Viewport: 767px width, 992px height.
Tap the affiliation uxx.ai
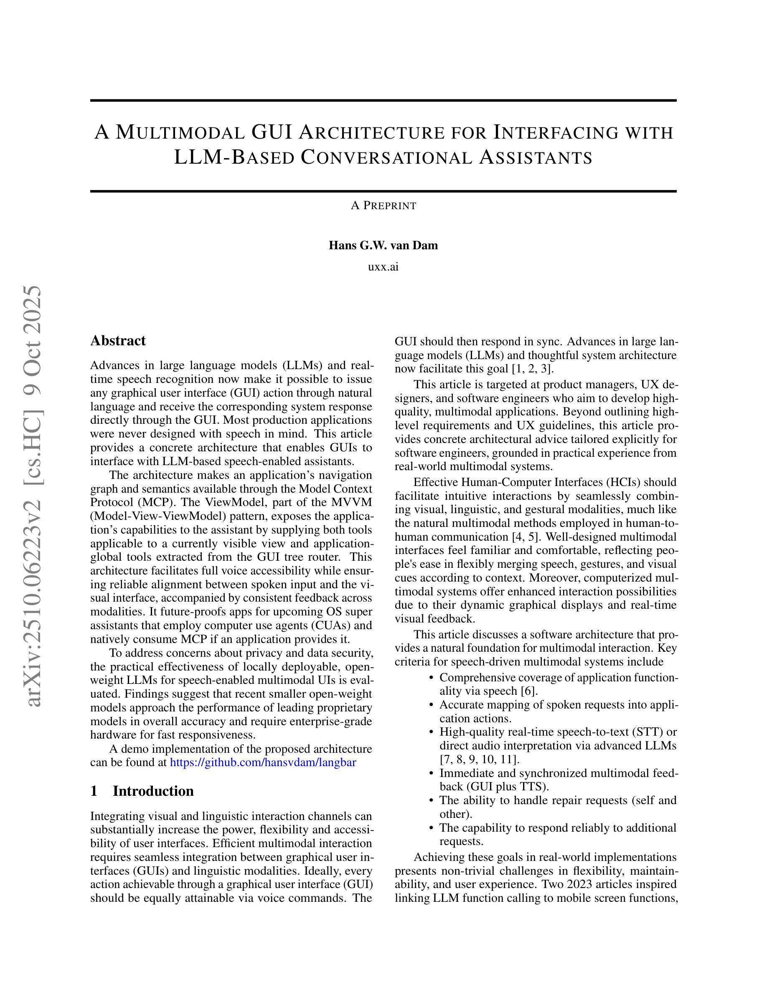pyautogui.click(x=383, y=267)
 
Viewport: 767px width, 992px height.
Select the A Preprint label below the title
pyautogui.click(x=383, y=206)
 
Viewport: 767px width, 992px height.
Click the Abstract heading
pyautogui.click(x=118, y=341)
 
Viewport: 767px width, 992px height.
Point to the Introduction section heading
pyautogui.click(x=153, y=791)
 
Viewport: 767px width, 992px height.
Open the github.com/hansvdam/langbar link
pyautogui.click(x=263, y=762)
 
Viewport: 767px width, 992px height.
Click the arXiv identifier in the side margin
pyautogui.click(x=35, y=495)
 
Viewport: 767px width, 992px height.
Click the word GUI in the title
pyautogui.click(x=271, y=132)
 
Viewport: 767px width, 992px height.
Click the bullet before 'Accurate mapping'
pyautogui.click(x=432, y=705)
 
